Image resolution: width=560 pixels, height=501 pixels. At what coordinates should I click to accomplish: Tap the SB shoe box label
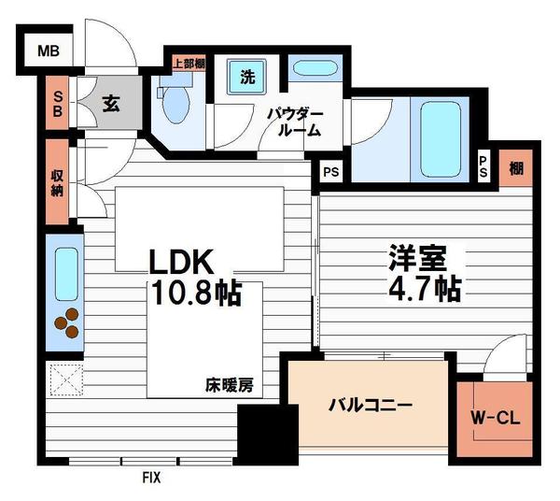pyautogui.click(x=57, y=104)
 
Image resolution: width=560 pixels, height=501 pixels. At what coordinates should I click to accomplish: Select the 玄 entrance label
pyautogui.click(x=109, y=103)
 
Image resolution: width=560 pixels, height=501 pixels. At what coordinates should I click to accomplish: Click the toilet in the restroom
pyautogui.click(x=176, y=107)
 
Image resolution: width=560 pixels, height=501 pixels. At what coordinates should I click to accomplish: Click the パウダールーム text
pyautogui.click(x=298, y=122)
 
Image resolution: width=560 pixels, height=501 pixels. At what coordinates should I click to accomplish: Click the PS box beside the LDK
pyautogui.click(x=329, y=172)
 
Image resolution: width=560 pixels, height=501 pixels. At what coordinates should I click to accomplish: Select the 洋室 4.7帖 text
pyautogui.click(x=424, y=272)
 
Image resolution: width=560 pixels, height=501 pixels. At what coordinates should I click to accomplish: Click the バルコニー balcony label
pyautogui.click(x=370, y=407)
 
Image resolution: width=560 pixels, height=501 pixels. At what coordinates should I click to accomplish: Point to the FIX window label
pyautogui.click(x=150, y=478)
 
